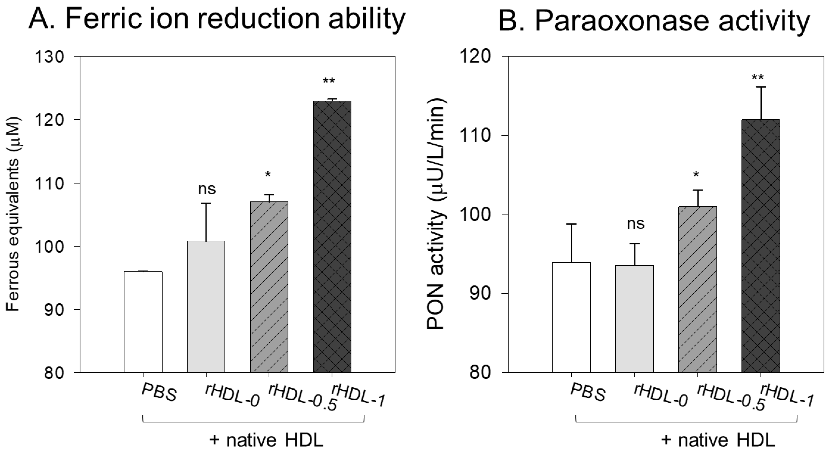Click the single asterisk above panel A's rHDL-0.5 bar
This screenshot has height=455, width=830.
click(268, 175)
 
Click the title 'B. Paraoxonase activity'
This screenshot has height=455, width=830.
click(654, 21)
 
